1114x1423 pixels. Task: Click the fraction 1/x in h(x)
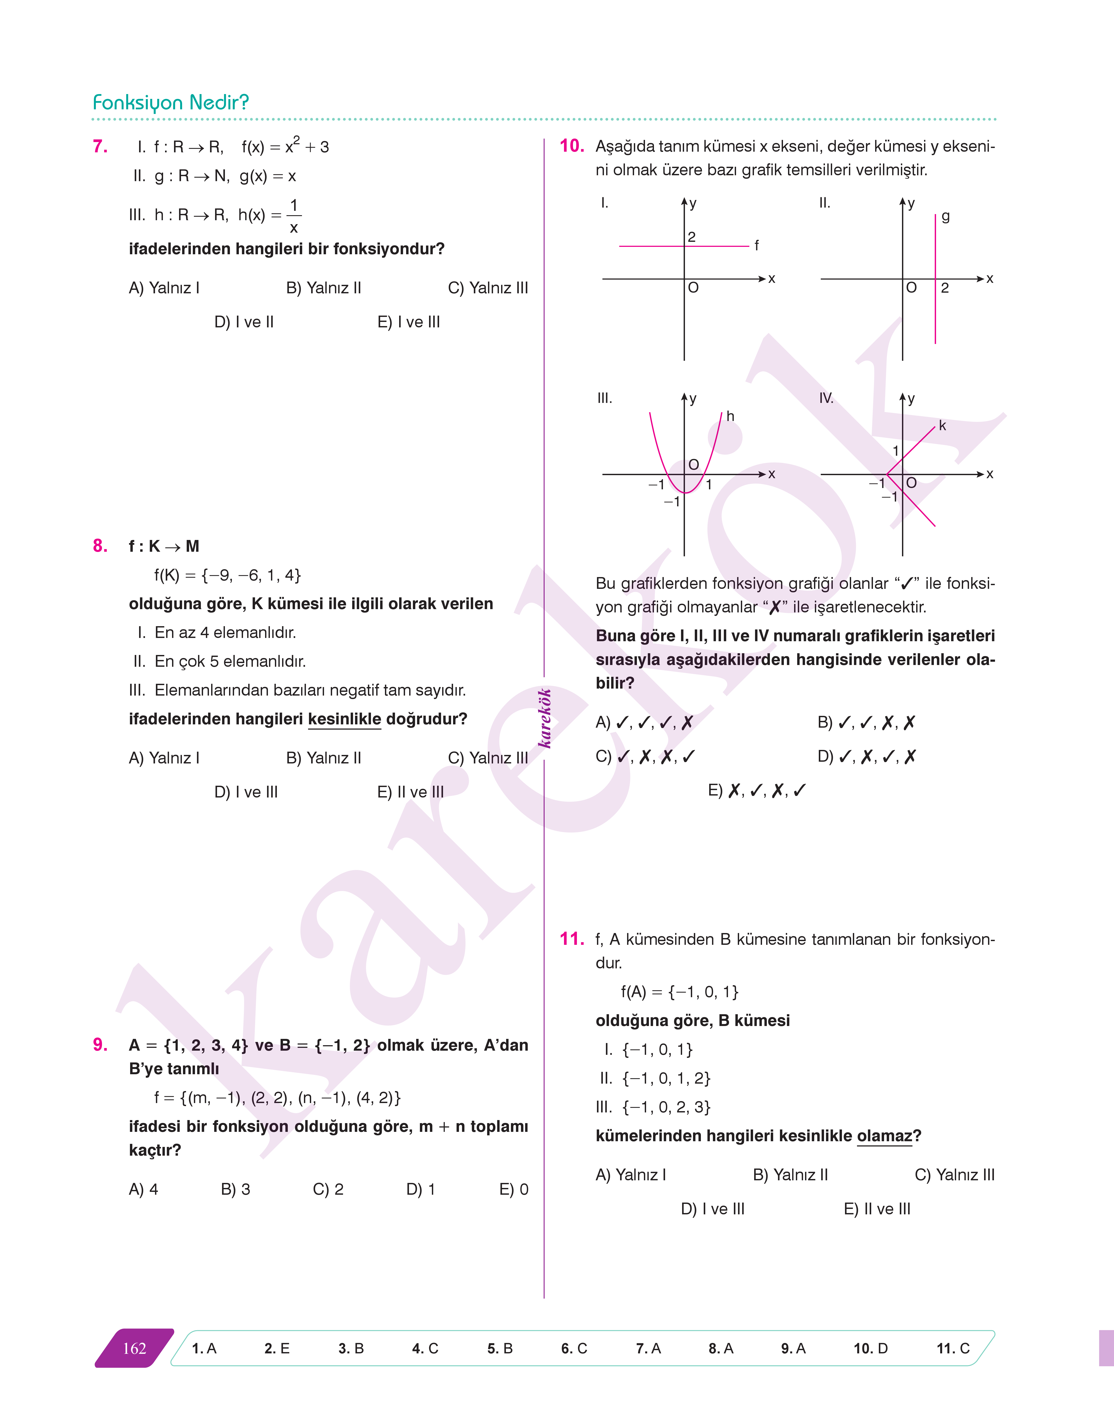(x=293, y=216)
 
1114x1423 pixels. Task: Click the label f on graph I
(x=757, y=245)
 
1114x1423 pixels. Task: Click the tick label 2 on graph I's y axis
(x=691, y=237)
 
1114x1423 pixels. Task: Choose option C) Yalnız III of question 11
(x=954, y=1175)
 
